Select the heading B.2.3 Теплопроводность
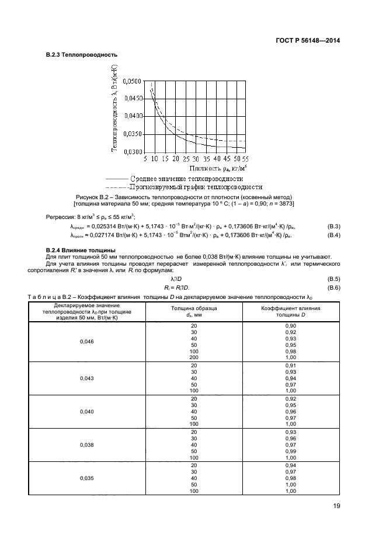(82, 55)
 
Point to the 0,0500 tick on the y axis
(130, 81)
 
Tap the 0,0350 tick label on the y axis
(130, 134)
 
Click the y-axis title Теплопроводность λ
(115, 108)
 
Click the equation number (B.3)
(333, 225)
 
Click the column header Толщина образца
(193, 307)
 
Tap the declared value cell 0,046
(86, 341)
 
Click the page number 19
(335, 506)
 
